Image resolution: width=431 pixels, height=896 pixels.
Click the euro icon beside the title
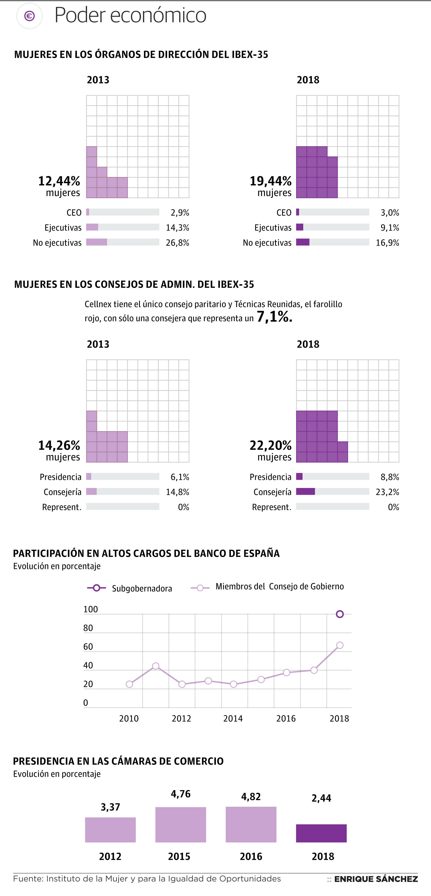(30, 16)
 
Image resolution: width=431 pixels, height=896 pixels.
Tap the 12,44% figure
(59, 181)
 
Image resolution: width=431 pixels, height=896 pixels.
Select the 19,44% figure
(271, 181)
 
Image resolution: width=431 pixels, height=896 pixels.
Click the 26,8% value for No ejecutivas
(178, 243)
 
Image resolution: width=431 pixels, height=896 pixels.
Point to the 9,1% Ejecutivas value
(390, 228)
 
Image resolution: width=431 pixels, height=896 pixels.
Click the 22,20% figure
(271, 445)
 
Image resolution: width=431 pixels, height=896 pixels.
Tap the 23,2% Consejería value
(387, 492)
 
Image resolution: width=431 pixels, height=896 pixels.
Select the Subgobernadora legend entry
(142, 589)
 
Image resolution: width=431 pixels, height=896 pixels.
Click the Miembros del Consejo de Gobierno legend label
(280, 587)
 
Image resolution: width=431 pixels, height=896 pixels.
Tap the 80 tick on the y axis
(88, 628)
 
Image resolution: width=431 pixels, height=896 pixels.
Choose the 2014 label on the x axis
(233, 718)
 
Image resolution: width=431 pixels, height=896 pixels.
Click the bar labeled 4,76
(181, 824)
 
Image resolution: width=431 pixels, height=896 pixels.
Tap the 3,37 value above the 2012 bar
(110, 807)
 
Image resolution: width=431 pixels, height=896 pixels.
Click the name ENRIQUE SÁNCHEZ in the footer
(376, 879)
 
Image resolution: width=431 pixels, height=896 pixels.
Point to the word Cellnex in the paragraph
(98, 304)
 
